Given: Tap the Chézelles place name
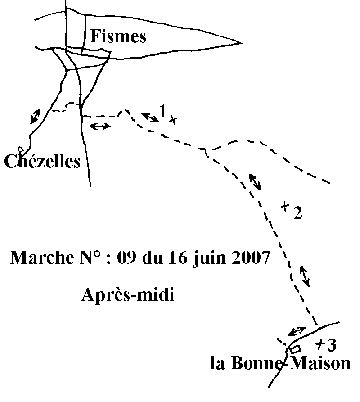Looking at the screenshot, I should coord(42,161).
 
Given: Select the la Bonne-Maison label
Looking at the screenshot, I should coord(280,363).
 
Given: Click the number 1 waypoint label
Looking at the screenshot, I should coord(162,111).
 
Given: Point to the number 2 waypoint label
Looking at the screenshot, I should coord(297,214).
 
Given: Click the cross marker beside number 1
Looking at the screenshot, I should coord(172,120).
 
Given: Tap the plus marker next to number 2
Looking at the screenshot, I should coord(285,206).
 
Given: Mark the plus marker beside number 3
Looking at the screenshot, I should coord(320,344).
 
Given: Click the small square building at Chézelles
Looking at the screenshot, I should coord(20,149).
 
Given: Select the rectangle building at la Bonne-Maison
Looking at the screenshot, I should coord(296,349).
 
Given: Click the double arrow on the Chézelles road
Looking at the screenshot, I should coord(35,116).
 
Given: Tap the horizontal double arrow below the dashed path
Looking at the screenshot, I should coord(100,126).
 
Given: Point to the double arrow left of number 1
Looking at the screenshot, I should coord(150,117).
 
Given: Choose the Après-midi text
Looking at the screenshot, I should coord(128,296).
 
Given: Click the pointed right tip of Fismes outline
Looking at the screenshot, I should coord(238,43).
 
